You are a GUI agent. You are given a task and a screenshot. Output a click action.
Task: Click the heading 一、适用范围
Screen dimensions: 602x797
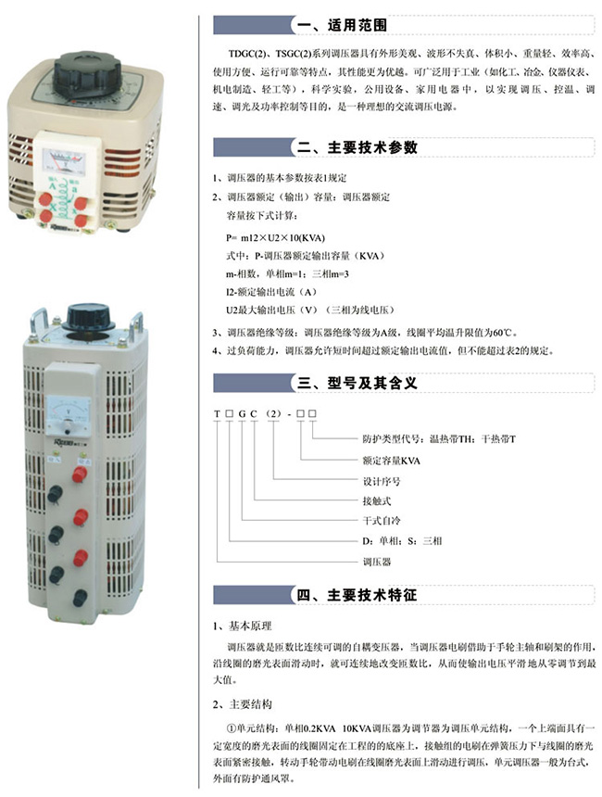click(342, 25)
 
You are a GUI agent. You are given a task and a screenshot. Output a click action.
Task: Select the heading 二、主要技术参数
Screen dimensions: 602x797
click(357, 147)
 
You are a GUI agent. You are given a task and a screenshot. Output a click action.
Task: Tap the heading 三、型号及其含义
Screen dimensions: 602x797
click(357, 383)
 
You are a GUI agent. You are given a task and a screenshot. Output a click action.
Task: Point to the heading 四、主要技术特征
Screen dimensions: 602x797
click(357, 595)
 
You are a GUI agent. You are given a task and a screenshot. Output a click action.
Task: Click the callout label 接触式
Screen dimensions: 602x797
click(376, 500)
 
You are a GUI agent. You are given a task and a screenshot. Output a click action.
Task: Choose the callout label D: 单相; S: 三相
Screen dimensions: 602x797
click(402, 541)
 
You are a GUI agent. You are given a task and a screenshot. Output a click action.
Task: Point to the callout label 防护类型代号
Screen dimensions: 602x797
click(393, 438)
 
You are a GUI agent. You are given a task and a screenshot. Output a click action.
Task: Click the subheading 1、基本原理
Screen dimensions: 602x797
click(243, 626)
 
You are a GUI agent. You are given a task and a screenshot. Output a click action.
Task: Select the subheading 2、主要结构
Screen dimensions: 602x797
click(243, 704)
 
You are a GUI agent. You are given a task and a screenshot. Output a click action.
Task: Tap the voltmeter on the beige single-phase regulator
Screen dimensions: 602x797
click(64, 161)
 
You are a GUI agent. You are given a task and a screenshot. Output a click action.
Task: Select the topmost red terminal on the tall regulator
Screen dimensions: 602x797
click(80, 474)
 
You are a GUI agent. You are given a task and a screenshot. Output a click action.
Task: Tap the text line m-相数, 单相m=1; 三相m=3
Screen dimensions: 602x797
click(287, 274)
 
